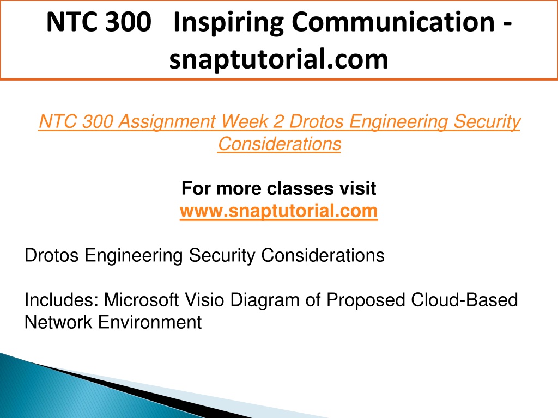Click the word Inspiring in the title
pyautogui.click(x=228, y=23)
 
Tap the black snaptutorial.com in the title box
pyautogui.click(x=278, y=59)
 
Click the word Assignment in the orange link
pyautogui.click(x=167, y=121)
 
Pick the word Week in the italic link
pyautogui.click(x=244, y=121)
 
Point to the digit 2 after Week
pyautogui.click(x=278, y=121)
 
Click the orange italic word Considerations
pyautogui.click(x=280, y=144)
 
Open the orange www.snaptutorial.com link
pyautogui.click(x=278, y=211)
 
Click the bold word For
pyautogui.click(x=196, y=188)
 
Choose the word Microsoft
pyautogui.click(x=141, y=300)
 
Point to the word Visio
pyautogui.click(x=204, y=300)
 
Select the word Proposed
pyautogui.click(x=366, y=300)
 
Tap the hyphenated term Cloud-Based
pyautogui.click(x=464, y=300)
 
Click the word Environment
pyautogui.click(x=150, y=322)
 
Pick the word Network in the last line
pyautogui.click(x=58, y=322)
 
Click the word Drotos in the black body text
pyautogui.click(x=52, y=255)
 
